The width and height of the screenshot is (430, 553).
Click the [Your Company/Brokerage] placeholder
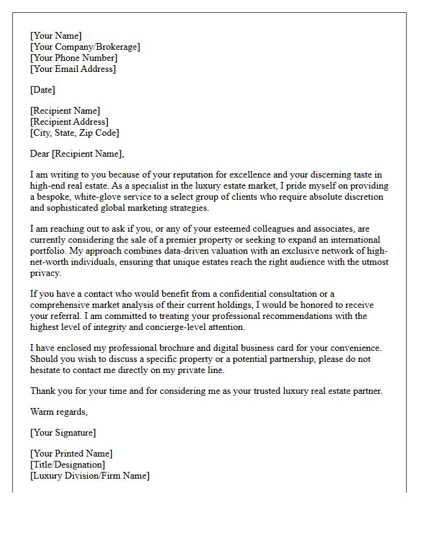(85, 47)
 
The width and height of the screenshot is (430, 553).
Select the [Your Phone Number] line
(74, 58)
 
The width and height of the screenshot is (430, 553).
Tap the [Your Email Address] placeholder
(72, 69)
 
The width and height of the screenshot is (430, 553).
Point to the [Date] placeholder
(42, 90)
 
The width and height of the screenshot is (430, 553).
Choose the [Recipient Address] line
(69, 122)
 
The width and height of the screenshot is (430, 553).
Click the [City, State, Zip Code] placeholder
(74, 133)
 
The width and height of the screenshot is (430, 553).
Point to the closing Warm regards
(59, 412)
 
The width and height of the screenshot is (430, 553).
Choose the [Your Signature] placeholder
(63, 433)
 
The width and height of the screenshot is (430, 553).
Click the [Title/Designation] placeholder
(68, 465)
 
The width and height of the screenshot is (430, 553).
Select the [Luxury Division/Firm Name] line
(90, 476)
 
